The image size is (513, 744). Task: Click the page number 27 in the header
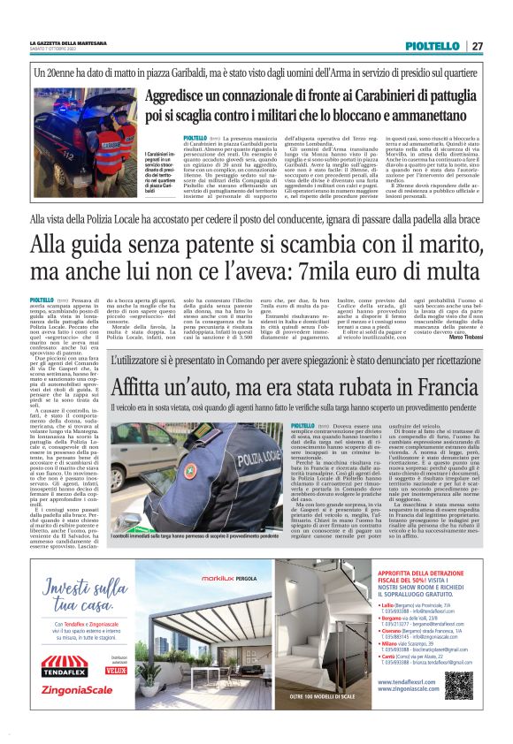pos(477,46)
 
